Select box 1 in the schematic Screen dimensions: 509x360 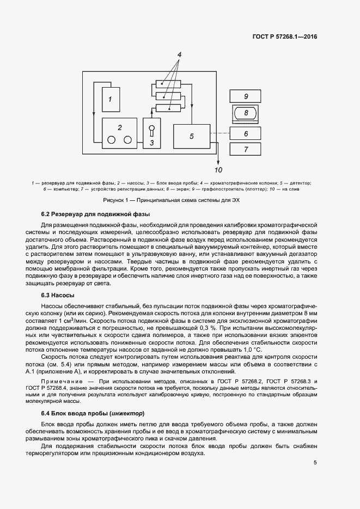tap(111, 99)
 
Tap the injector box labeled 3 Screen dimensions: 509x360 tap(152, 133)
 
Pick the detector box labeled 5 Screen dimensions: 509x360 tap(192, 136)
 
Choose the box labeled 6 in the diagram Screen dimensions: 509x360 tap(246, 133)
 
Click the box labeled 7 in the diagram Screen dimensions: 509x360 tap(246, 149)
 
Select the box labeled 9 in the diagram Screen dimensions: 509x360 tap(246, 96)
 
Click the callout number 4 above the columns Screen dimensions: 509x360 tap(179, 55)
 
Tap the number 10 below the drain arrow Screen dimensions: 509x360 tap(218, 169)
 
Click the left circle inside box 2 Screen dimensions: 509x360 tap(111, 140)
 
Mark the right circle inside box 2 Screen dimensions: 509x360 tap(128, 140)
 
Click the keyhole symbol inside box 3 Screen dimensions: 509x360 tap(152, 131)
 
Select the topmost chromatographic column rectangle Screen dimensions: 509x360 tap(168, 84)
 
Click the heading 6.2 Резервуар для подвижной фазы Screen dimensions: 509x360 tap(88, 213)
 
